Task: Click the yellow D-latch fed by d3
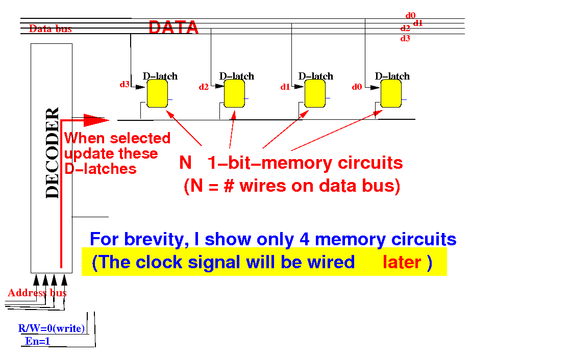click(157, 94)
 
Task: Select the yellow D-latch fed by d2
click(234, 94)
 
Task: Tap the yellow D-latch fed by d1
click(314, 94)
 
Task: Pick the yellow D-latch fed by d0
click(391, 94)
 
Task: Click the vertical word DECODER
click(52, 153)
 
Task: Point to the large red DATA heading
click(174, 28)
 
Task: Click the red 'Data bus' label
click(50, 29)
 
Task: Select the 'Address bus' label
click(37, 293)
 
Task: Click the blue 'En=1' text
click(38, 341)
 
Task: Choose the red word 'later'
click(402, 262)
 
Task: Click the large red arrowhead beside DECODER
click(96, 119)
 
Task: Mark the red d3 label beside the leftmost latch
click(125, 85)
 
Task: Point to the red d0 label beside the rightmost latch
click(357, 87)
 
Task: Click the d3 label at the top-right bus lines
click(405, 38)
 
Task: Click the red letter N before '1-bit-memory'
click(185, 163)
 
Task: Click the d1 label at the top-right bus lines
click(418, 23)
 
